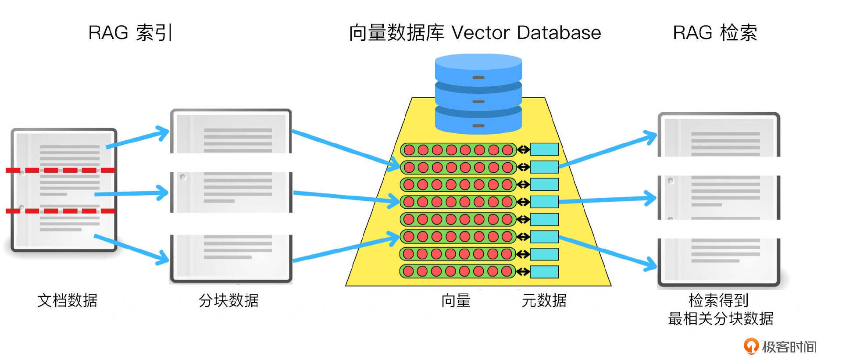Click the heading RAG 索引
tap(130, 33)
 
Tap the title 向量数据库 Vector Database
tap(475, 33)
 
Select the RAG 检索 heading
tap(715, 33)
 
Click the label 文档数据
tap(67, 300)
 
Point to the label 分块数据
tap(228, 300)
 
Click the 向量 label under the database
tap(456, 300)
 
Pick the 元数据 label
tap(544, 300)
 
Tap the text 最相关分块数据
tap(721, 319)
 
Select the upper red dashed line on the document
tap(61, 170)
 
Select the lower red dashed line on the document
tap(61, 211)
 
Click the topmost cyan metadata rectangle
tap(544, 150)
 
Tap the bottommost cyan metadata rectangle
tap(544, 272)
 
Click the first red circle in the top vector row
tap(409, 150)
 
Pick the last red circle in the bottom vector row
tap(507, 271)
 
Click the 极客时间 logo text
tap(788, 347)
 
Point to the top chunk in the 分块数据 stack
tap(231, 132)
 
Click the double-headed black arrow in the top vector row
tap(523, 150)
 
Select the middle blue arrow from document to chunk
tap(131, 193)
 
